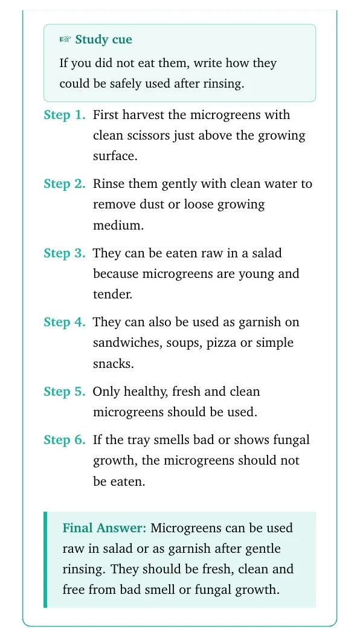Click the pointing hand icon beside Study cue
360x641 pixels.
point(65,40)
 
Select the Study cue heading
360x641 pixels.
point(103,40)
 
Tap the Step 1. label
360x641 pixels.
point(65,115)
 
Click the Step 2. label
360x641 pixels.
point(65,184)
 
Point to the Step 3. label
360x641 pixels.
point(65,253)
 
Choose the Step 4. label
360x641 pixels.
point(65,322)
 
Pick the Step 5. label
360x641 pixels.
point(65,391)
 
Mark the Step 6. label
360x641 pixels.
point(65,440)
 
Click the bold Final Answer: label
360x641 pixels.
point(104,528)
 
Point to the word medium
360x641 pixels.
point(118,225)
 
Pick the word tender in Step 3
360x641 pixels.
point(112,294)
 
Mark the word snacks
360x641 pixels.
point(113,364)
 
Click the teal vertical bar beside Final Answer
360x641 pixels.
point(45,559)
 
